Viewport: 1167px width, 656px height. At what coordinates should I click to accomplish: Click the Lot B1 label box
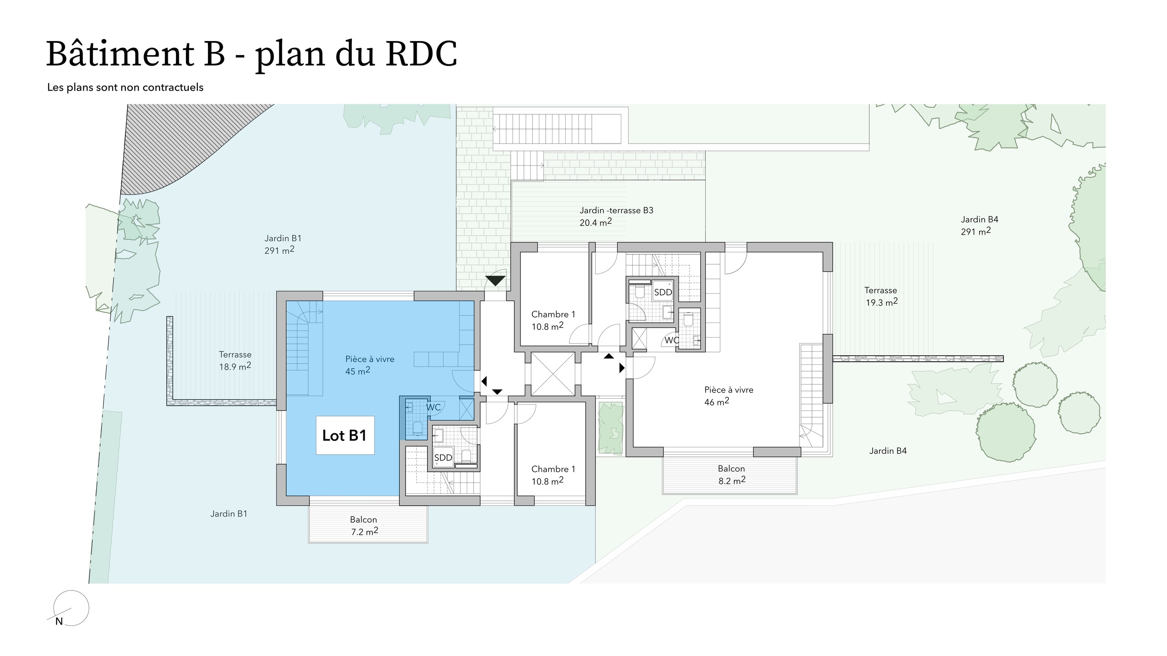(x=345, y=435)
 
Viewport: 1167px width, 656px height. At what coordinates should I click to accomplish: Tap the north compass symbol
(x=71, y=608)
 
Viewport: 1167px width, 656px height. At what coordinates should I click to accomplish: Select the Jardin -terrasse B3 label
(x=616, y=216)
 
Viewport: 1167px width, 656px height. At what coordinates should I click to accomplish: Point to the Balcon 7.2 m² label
(x=364, y=525)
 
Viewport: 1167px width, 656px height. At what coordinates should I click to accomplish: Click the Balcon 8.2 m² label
(x=731, y=474)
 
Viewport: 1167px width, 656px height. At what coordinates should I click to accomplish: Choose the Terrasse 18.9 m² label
(x=235, y=360)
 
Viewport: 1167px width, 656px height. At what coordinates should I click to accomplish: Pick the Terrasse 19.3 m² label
(x=881, y=296)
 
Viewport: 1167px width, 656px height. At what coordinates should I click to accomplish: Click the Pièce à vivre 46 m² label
(x=728, y=395)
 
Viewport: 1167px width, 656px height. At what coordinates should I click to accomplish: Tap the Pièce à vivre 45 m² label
(x=369, y=365)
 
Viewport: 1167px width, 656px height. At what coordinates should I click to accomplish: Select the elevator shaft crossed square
(x=553, y=374)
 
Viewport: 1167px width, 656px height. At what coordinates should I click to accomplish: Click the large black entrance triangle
(x=496, y=280)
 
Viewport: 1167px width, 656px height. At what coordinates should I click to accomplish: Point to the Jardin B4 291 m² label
(x=979, y=225)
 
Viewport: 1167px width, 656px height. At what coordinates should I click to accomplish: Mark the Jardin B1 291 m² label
(x=283, y=244)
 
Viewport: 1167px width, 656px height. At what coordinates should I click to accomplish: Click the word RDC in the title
(x=421, y=55)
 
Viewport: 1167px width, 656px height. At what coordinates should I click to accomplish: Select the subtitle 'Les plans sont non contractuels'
(x=125, y=87)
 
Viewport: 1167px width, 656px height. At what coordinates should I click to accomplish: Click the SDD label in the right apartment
(x=663, y=292)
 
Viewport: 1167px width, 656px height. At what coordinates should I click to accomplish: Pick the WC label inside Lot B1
(x=433, y=407)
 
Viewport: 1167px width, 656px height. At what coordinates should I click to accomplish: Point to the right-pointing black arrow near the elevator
(x=622, y=368)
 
